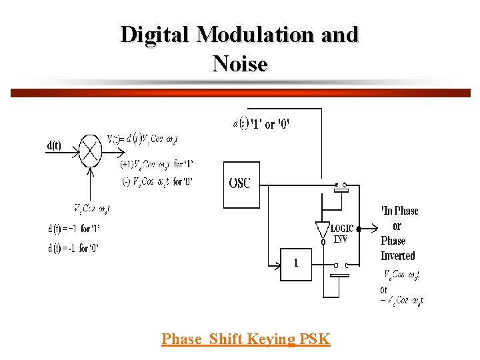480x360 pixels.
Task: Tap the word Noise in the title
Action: [x=240, y=64]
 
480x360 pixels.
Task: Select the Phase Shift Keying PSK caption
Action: [x=245, y=339]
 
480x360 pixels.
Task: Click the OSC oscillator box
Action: [x=240, y=183]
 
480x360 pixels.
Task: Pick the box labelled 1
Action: [x=296, y=263]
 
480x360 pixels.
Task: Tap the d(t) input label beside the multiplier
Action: [x=55, y=145]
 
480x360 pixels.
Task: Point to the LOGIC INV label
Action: [x=343, y=233]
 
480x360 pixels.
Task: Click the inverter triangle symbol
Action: [x=323, y=229]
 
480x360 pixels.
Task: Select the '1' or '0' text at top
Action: [x=270, y=124]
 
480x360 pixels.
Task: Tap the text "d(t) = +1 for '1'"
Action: [x=73, y=229]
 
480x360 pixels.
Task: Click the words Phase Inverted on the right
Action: [x=398, y=248]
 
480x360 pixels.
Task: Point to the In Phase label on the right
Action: [x=399, y=211]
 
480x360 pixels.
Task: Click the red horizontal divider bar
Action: [x=240, y=93]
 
